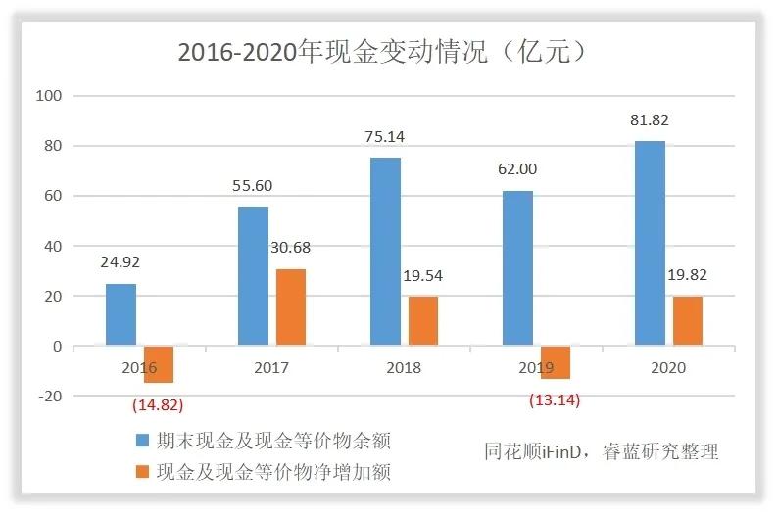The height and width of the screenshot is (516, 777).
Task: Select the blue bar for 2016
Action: pyautogui.click(x=121, y=314)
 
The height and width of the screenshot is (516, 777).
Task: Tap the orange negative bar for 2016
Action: pyautogui.click(x=158, y=364)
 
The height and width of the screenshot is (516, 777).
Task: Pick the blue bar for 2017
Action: pyautogui.click(x=253, y=276)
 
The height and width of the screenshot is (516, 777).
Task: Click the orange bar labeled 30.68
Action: pyautogui.click(x=290, y=307)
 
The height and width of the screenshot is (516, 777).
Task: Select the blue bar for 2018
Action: pyautogui.click(x=385, y=252)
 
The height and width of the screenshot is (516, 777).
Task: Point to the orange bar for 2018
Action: pyautogui.click(x=422, y=321)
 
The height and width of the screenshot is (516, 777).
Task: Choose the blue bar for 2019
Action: pyautogui.click(x=517, y=268)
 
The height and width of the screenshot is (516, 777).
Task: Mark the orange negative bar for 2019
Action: pyautogui.click(x=555, y=362)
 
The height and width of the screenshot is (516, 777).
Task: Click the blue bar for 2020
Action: pyautogui.click(x=650, y=244)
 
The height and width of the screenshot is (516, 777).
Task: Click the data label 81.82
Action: pyautogui.click(x=651, y=120)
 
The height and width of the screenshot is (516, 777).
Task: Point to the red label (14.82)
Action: pyautogui.click(x=158, y=403)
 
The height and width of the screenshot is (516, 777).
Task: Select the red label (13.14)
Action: pyautogui.click(x=555, y=399)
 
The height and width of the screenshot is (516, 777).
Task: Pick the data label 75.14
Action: pyautogui.click(x=386, y=137)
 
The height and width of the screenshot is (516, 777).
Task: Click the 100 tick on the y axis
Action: pyautogui.click(x=49, y=96)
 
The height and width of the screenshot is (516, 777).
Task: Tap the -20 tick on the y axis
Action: pyautogui.click(x=49, y=396)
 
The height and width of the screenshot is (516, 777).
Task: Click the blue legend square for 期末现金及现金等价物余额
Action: pyautogui.click(x=141, y=441)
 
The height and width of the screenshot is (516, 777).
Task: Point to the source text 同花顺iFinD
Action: pyautogui.click(x=534, y=451)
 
